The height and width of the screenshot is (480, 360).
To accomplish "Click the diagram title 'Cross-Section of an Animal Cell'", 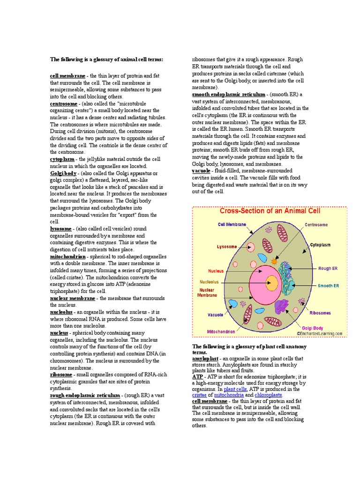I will [x=270, y=211].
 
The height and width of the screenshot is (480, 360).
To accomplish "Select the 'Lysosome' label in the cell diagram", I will [x=226, y=247].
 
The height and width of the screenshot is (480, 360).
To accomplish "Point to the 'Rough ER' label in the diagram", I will [x=328, y=269].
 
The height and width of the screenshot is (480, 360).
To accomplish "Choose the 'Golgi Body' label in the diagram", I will [x=313, y=328].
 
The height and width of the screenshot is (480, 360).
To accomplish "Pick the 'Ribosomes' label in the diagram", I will [x=320, y=313].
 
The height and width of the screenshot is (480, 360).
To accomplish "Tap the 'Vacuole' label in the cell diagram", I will [x=216, y=315].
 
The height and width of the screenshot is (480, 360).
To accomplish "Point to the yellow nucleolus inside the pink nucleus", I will [x=271, y=282].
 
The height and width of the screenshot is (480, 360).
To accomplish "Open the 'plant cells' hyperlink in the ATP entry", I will [x=235, y=389].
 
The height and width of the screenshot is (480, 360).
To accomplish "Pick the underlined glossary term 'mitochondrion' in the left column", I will [x=67, y=257].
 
